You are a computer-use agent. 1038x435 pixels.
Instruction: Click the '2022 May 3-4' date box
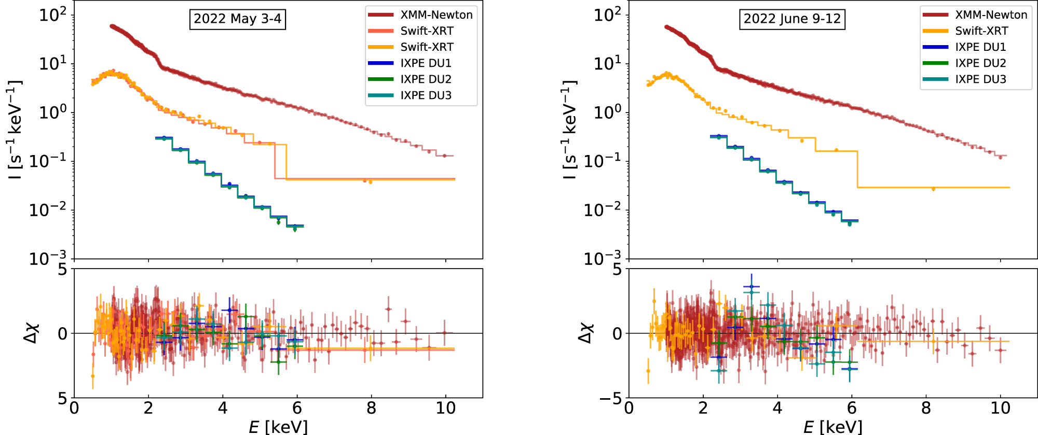pyautogui.click(x=237, y=19)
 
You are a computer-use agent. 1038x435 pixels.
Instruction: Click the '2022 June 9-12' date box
pyautogui.click(x=792, y=19)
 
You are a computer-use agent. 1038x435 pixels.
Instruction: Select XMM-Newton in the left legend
pyautogui.click(x=436, y=15)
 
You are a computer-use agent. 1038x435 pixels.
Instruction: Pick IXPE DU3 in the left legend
pyautogui.click(x=426, y=95)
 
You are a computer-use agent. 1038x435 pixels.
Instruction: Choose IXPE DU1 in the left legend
pyautogui.click(x=426, y=63)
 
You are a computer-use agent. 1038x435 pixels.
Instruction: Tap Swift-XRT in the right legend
pyautogui.click(x=981, y=31)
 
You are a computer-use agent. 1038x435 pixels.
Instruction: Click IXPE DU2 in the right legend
pyautogui.click(x=980, y=63)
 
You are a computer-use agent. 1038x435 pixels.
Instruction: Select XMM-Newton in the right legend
pyautogui.click(x=991, y=15)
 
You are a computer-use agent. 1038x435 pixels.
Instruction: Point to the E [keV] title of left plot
pyautogui.click(x=278, y=427)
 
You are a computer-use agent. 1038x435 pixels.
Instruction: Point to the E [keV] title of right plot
pyautogui.click(x=833, y=427)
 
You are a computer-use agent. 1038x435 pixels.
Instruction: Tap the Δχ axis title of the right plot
pyautogui.click(x=585, y=332)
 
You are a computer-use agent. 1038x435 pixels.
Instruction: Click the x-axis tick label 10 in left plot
pyautogui.click(x=445, y=409)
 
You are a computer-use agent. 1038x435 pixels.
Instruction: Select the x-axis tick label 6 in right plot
pyautogui.click(x=852, y=409)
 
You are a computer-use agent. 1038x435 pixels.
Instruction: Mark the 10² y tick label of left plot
pyautogui.click(x=53, y=15)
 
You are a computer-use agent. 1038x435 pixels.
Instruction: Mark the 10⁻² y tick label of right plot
pyautogui.click(x=603, y=210)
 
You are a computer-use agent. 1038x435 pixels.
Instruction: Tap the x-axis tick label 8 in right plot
pyautogui.click(x=926, y=409)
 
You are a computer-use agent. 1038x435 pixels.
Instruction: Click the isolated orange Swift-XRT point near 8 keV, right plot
pyautogui.click(x=933, y=189)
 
